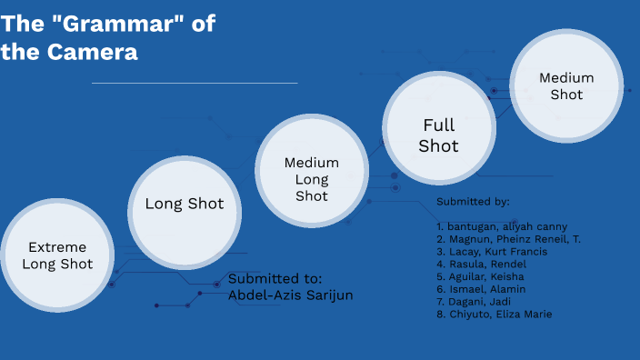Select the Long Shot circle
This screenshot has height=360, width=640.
tap(185, 205)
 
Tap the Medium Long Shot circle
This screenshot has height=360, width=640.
tap(312, 178)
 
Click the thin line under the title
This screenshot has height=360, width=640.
tap(195, 83)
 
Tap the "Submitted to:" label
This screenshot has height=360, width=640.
tap(275, 278)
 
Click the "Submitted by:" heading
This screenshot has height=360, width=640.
tap(473, 201)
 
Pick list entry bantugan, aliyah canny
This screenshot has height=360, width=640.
tap(501, 226)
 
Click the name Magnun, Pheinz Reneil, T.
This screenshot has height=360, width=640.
tap(508, 239)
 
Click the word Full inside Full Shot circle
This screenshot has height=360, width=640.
tap(438, 125)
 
